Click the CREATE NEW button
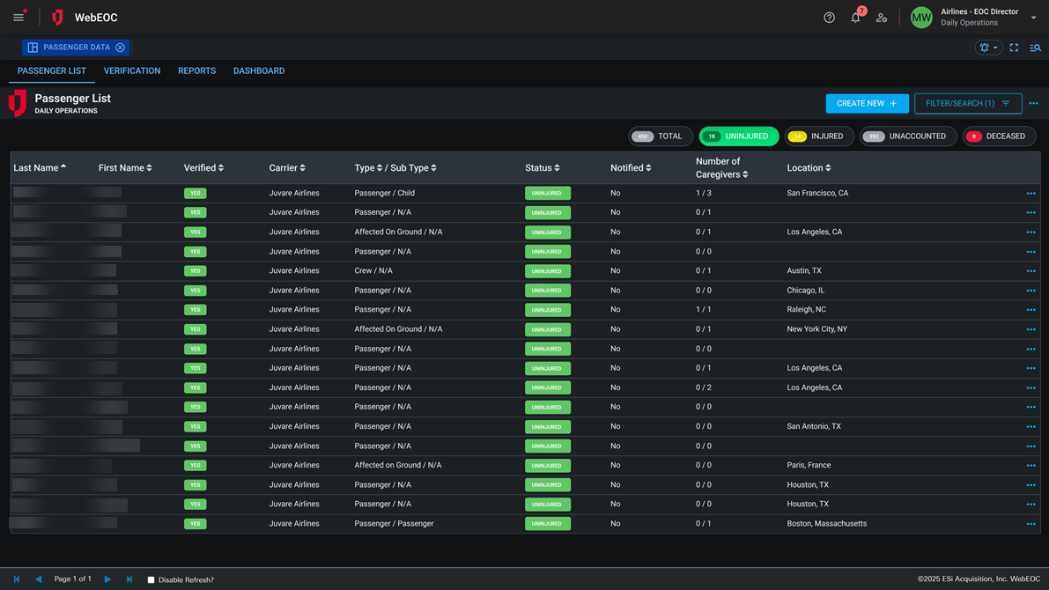point(867,104)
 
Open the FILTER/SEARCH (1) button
point(967,104)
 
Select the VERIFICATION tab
point(132,70)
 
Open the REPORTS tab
point(196,70)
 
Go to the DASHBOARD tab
point(259,70)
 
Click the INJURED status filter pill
point(818,136)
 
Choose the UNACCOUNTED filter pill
point(907,136)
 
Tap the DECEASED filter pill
point(998,136)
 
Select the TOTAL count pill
point(660,136)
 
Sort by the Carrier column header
point(286,167)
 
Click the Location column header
point(808,167)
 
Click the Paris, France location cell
point(809,465)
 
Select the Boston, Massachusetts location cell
point(826,523)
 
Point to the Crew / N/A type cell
point(373,270)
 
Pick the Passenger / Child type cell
point(384,193)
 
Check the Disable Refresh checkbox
point(151,579)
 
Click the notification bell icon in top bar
point(855,18)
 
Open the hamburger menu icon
point(18,18)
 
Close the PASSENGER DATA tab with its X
point(120,48)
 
